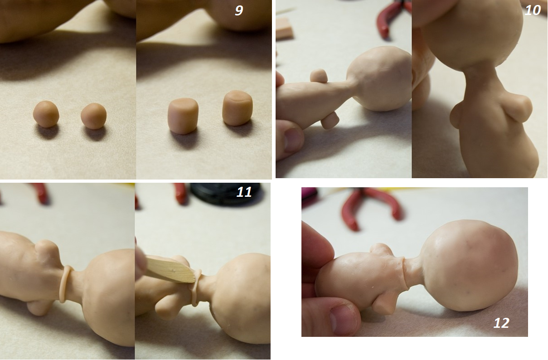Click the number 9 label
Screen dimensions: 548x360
[239, 10]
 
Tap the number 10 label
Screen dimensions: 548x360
[533, 10]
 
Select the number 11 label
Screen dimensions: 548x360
[244, 192]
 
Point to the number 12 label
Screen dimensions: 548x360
[501, 323]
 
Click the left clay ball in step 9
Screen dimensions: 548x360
[46, 114]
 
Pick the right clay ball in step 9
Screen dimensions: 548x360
[94, 116]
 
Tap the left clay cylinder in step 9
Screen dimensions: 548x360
[183, 116]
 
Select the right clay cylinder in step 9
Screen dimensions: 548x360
[238, 108]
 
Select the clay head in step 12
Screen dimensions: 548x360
[469, 266]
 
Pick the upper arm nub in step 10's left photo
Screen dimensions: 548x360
[319, 75]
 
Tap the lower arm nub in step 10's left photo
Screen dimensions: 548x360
[330, 121]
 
